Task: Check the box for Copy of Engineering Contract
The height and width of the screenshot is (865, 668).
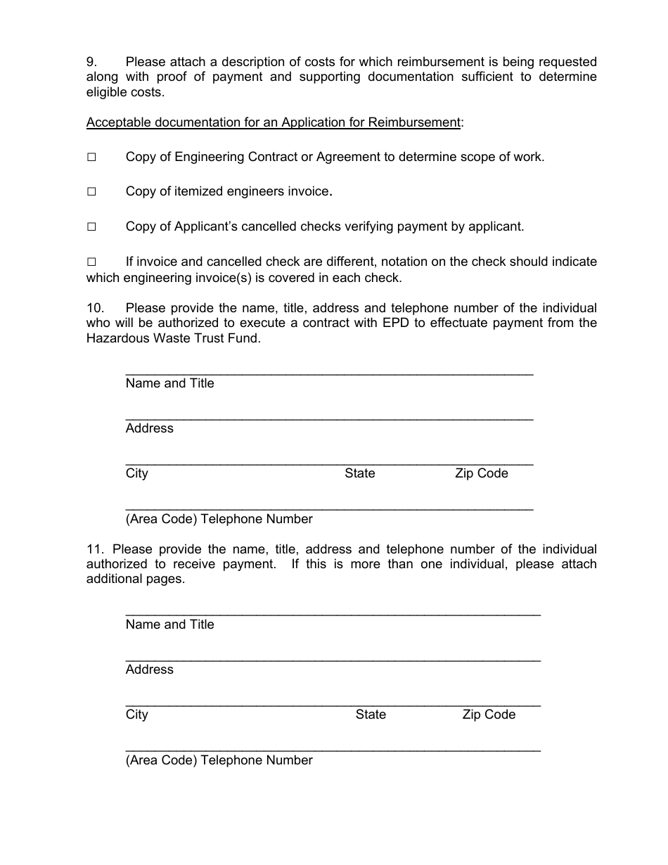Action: (x=91, y=158)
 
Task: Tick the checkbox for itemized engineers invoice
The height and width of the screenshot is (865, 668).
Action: (x=91, y=192)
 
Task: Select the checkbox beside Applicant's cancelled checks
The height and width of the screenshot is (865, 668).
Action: (x=91, y=227)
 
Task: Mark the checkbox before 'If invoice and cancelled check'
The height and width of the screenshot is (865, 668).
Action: (x=91, y=262)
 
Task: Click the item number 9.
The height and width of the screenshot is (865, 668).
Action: (x=91, y=62)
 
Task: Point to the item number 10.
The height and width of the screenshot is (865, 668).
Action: (x=95, y=308)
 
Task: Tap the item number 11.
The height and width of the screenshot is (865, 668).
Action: (x=95, y=549)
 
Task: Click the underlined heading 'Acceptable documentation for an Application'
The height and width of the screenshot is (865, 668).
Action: (x=273, y=122)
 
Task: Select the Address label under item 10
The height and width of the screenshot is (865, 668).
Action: (x=149, y=428)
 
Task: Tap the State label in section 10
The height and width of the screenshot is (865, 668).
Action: (x=359, y=473)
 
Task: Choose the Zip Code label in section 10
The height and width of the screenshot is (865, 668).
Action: (x=481, y=473)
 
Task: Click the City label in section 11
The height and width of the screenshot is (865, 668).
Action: (x=136, y=715)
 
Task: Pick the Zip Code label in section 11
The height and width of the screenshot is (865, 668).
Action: (x=489, y=715)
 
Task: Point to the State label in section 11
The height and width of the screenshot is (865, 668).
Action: (x=371, y=715)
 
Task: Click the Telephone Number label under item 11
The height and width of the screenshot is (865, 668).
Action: (x=219, y=760)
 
